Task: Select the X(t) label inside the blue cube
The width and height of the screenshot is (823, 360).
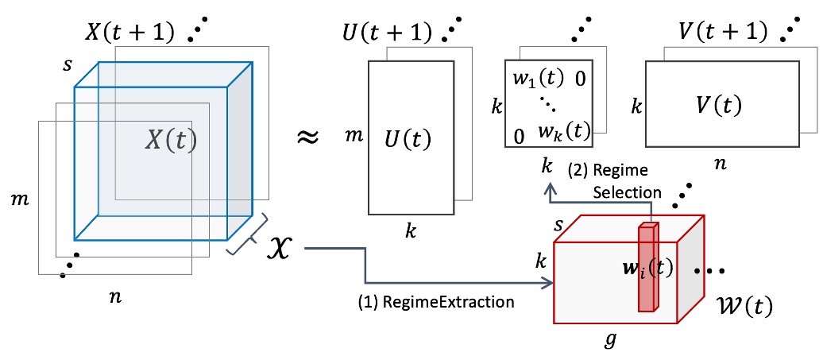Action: click(x=170, y=141)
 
